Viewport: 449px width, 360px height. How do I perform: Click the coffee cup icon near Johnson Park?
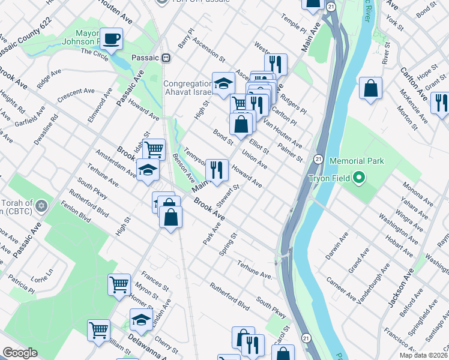coord(111,40)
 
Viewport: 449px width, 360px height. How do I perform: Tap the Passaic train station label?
coord(150,58)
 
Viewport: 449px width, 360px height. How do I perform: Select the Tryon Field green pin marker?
coord(359,178)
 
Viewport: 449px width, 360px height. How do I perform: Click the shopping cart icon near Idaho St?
coord(155,148)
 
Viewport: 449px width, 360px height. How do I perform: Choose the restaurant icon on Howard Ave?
coord(217,170)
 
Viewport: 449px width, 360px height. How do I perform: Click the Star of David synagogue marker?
coord(41,206)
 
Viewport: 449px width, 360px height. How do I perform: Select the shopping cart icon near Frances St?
coord(119,284)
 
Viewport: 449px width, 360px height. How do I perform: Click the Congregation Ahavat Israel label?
coord(188,88)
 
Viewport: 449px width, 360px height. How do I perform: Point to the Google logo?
coord(20,353)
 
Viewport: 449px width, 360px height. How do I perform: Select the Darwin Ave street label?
coord(339,247)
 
